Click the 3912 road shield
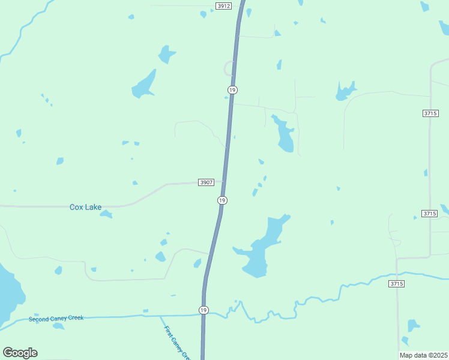pos(223,5)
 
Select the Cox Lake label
pos(85,207)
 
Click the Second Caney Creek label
pos(56,318)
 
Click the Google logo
pos(20,353)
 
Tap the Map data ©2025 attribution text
pos(423,355)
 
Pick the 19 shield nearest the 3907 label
pos(222,200)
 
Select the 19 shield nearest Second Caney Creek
pos(204,310)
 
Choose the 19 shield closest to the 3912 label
pos(232,89)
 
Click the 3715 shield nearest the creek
pos(396,283)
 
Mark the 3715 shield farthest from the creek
pos(430,113)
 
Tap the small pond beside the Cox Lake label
pos(106,214)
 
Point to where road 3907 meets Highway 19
pos(224,181)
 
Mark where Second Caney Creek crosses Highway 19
pos(204,314)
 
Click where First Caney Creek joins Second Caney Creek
pos(161,316)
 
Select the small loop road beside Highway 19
pos(228,67)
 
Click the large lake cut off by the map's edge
pos(9,294)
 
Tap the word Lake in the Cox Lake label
pos(93,207)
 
